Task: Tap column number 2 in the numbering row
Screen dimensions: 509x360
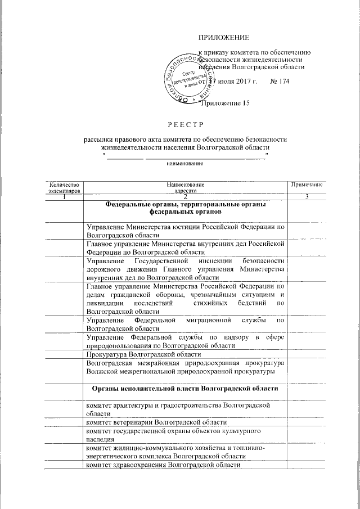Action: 186,196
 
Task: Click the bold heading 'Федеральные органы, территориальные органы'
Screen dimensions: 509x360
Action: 186,205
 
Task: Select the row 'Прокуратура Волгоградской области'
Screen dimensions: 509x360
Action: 143,356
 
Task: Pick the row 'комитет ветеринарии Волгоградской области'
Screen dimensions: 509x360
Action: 156,421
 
